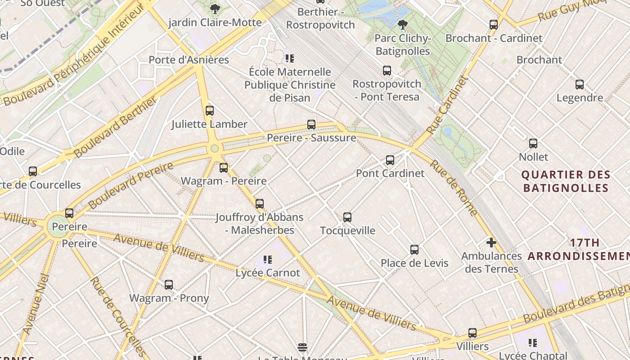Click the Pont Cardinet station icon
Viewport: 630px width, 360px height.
coord(390,160)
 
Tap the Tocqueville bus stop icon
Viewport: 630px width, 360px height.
coord(347,217)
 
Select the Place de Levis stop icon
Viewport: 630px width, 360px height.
coord(414,249)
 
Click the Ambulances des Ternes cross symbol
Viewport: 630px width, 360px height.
coord(491,243)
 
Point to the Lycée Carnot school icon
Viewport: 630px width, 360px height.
coord(268,260)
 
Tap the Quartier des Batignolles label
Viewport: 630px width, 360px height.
coord(566,181)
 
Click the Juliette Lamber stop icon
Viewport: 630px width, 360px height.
coord(210,111)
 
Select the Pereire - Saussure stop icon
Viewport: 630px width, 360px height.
coord(311,125)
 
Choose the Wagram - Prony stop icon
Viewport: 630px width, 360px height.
coord(169,285)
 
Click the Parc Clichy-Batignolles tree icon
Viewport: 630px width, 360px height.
coord(403,24)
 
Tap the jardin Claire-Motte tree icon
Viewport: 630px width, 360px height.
coord(215,9)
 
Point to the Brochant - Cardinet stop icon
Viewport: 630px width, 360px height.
coord(494,25)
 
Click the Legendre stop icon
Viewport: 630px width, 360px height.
coord(580,85)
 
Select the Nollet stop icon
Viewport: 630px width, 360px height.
coord(533,144)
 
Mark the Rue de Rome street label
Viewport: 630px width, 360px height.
coord(453,187)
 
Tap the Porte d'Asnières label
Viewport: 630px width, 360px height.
coord(189,60)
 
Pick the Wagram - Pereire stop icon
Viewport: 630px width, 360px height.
coord(224,168)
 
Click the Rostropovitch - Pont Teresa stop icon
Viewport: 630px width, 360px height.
coord(387,71)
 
